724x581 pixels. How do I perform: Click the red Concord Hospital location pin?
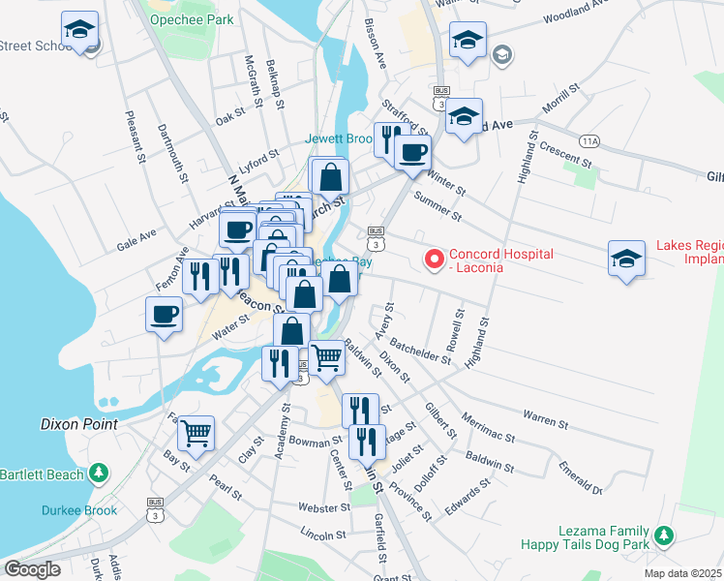[435, 259]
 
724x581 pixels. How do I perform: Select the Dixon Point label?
[79, 424]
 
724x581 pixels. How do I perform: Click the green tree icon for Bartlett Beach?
[98, 473]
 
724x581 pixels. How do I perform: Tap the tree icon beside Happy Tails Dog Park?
[663, 535]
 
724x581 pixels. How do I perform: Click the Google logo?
[33, 568]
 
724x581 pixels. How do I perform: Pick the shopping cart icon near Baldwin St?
[327, 357]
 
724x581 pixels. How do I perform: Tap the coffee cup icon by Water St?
[165, 313]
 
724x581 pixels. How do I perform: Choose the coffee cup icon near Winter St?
[412, 151]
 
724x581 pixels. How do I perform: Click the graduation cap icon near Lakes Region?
[626, 259]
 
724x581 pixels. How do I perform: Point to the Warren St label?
[545, 421]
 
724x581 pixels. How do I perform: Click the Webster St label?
[323, 507]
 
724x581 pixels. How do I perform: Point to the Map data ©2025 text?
[683, 573]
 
